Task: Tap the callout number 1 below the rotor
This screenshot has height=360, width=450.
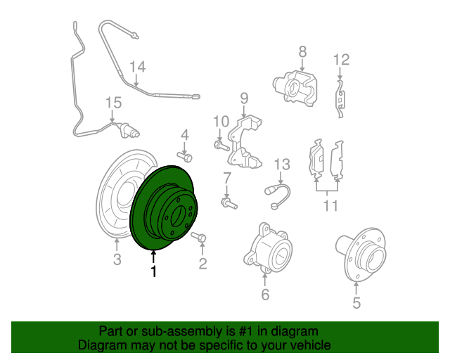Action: click(x=154, y=271)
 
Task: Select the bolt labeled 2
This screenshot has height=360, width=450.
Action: click(x=198, y=237)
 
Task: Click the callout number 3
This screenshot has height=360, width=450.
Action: click(x=117, y=259)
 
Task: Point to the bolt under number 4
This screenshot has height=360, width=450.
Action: click(x=184, y=157)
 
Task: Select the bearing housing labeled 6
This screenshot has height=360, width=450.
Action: click(x=268, y=247)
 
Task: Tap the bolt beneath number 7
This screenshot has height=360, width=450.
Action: click(x=229, y=203)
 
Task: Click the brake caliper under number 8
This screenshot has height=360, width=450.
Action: click(x=295, y=89)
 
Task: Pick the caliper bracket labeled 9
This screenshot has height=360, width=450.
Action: click(x=244, y=141)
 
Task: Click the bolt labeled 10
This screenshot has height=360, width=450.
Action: click(x=221, y=146)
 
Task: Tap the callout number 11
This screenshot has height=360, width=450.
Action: click(x=330, y=205)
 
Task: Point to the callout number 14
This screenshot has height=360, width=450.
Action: click(x=138, y=67)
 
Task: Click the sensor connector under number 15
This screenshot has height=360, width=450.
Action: click(x=129, y=131)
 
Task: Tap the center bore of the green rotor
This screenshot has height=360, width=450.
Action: click(x=177, y=217)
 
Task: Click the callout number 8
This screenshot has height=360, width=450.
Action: click(x=302, y=52)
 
